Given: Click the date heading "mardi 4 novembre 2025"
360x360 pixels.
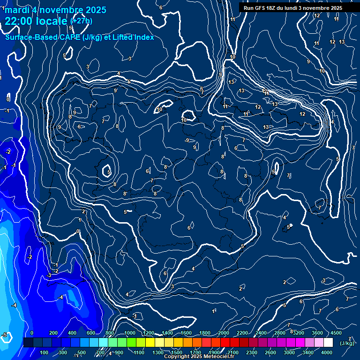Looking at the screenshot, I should pos(55,10).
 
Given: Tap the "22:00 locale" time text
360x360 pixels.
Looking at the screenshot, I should pos(37,21).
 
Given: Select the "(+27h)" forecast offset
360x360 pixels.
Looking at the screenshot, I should pos(81,21).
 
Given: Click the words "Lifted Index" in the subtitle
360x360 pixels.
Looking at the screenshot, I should pos(133,37).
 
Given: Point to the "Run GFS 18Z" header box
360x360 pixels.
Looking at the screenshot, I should pos(292,8).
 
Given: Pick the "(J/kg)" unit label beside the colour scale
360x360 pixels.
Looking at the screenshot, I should pos(347,344).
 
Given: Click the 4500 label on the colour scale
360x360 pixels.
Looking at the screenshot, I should pos(336,333).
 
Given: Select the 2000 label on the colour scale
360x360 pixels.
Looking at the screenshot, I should pos(224,333).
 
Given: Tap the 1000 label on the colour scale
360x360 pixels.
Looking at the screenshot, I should pos(130,333).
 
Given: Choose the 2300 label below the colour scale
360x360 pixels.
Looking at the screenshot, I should pos(252,352).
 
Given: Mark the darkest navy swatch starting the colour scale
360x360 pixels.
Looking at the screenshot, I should pos(28,343).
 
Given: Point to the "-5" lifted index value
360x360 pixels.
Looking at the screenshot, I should pos(4,335).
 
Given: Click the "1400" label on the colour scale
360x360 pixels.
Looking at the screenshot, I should pos(167,333).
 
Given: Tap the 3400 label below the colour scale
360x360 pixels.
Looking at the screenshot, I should pos(308,352).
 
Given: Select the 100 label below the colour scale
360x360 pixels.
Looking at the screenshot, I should pos(45,352).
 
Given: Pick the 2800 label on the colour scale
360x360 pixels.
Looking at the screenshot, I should pos(280,333).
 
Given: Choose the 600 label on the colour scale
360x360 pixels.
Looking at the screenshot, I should pos(91,333).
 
